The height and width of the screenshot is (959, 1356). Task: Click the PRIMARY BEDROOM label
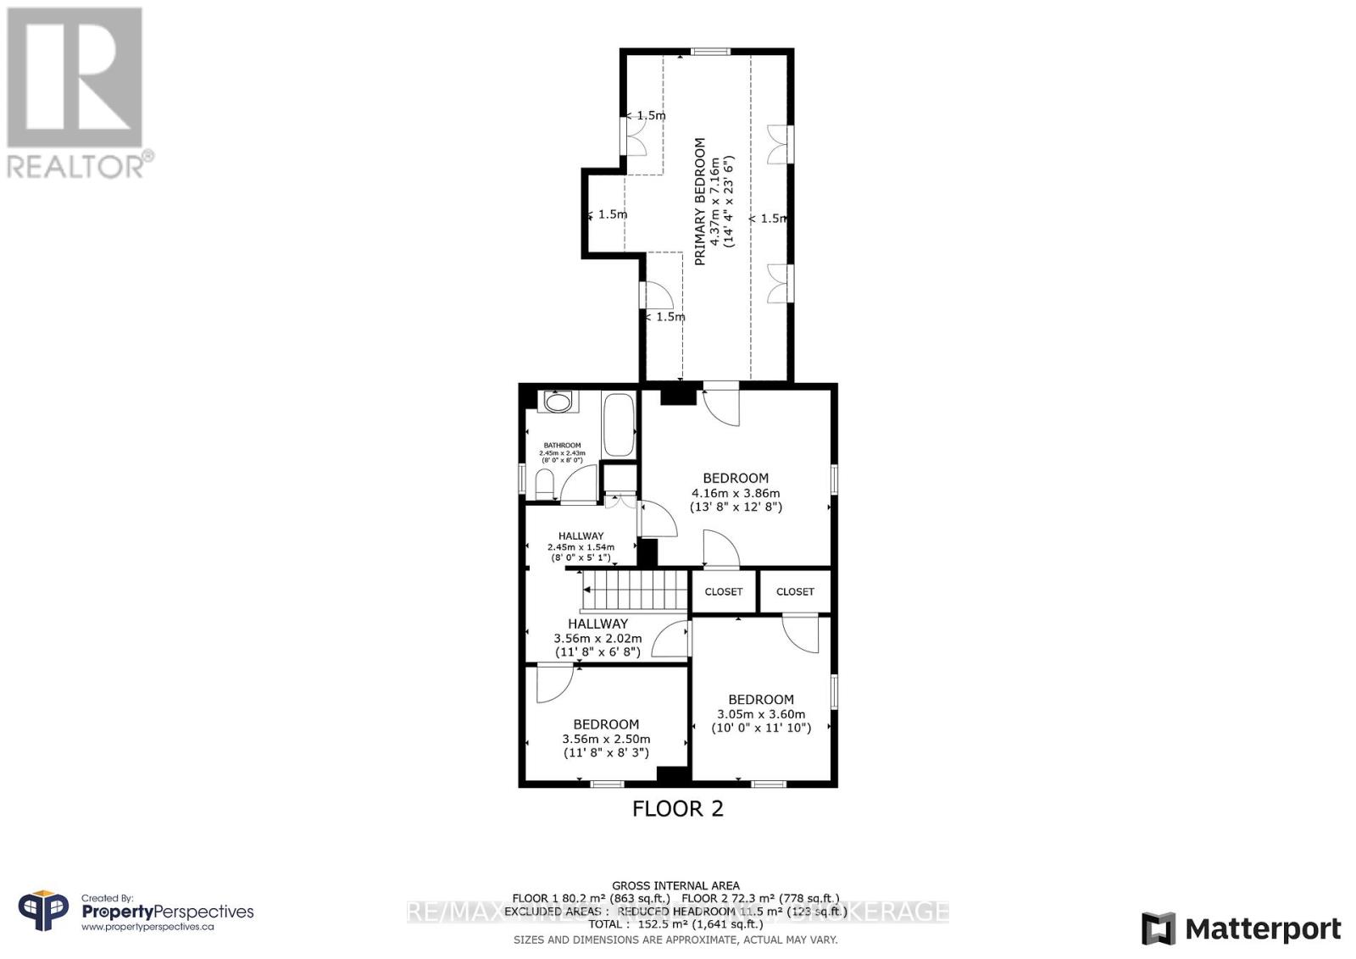(700, 202)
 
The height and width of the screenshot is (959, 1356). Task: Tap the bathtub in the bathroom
(618, 424)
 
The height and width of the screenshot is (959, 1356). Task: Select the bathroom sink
(558, 402)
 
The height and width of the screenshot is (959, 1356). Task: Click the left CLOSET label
(723, 592)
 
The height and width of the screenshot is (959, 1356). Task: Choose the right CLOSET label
(795, 592)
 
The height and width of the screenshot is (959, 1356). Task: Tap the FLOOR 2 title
(678, 808)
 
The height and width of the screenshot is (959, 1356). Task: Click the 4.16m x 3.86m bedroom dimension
(736, 493)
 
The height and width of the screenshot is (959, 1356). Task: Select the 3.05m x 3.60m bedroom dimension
(760, 714)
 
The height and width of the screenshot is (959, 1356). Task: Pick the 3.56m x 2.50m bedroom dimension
(606, 739)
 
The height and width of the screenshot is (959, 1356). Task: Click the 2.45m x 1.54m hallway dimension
(581, 547)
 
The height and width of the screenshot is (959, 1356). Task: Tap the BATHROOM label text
(562, 446)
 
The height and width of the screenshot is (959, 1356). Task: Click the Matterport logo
(1241, 929)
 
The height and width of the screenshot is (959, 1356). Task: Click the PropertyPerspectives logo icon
(43, 912)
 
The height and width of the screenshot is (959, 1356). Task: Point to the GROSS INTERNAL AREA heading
(675, 886)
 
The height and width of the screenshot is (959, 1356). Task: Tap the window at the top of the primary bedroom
(710, 53)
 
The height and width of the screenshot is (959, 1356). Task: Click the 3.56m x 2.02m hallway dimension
(597, 639)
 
